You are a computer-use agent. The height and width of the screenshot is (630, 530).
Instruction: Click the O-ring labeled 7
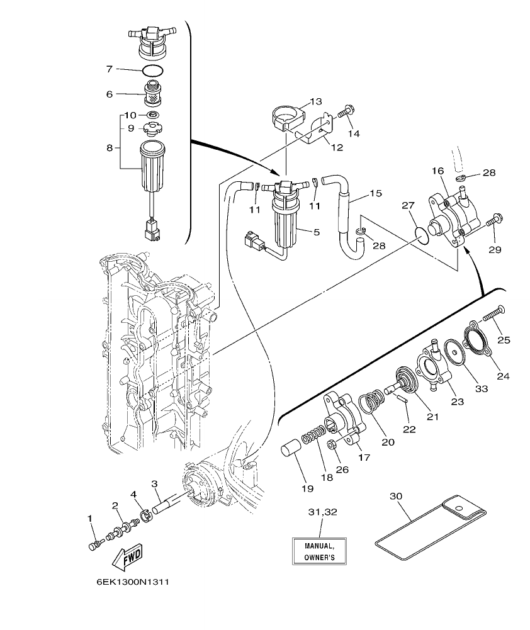point(153,69)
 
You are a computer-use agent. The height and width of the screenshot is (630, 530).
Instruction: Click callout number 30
point(396,496)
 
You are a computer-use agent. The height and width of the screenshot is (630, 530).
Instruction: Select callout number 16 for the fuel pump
point(438,171)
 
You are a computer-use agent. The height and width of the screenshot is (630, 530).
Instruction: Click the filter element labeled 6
point(150,95)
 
